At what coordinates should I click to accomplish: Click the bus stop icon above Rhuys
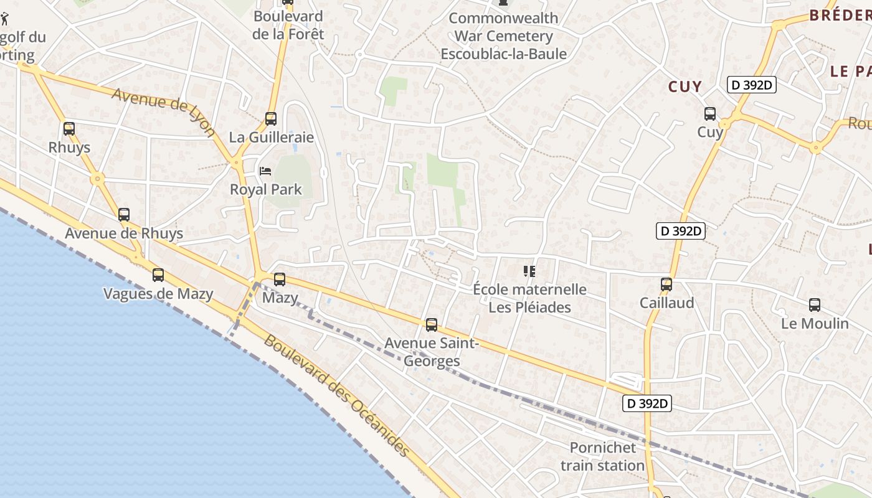(69, 129)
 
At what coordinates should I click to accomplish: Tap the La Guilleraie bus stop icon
(271, 119)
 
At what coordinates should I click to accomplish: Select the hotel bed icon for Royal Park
(265, 171)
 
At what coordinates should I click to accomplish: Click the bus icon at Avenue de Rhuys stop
(124, 215)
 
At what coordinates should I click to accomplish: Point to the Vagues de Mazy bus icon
(158, 275)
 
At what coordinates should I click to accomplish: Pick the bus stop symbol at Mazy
(280, 280)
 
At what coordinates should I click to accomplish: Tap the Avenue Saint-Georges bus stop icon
(431, 325)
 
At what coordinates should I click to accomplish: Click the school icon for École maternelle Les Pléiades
(529, 271)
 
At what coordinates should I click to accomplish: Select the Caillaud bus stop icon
(666, 284)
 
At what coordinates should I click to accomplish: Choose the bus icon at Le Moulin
(814, 305)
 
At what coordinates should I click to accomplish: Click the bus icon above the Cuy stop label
(709, 114)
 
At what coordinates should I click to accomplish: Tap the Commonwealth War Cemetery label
(504, 36)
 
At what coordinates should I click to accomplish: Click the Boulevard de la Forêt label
(288, 26)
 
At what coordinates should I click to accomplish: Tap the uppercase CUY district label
(685, 87)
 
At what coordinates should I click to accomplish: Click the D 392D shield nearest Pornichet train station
(648, 403)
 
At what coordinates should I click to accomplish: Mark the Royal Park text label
(266, 190)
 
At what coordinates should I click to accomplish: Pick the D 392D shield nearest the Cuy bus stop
(752, 85)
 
